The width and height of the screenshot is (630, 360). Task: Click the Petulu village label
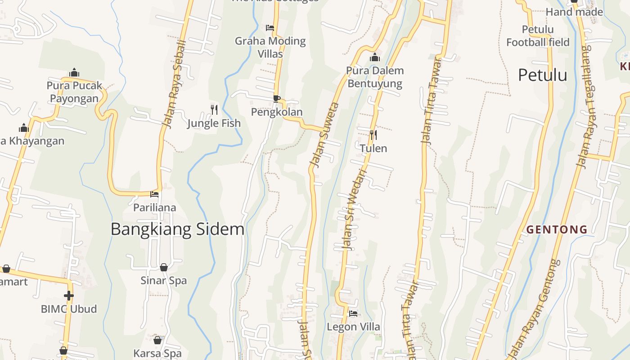[542, 75]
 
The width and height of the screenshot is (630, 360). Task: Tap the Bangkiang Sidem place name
[177, 229]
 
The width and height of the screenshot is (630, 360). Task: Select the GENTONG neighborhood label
[557, 229]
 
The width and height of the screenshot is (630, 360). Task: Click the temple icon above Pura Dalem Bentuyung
[375, 58]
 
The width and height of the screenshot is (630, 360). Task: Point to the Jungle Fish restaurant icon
[214, 109]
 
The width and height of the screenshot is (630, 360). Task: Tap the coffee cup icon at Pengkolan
[277, 99]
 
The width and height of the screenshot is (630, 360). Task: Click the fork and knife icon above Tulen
[373, 135]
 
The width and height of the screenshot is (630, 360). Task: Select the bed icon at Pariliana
[154, 194]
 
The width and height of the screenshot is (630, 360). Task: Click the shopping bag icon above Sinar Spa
[164, 267]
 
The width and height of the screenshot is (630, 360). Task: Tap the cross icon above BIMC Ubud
[68, 296]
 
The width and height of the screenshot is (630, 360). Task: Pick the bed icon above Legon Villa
[353, 313]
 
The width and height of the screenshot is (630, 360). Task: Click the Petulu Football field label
[538, 36]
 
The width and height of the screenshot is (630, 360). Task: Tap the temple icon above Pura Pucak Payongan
[74, 73]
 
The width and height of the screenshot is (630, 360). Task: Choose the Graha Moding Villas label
[270, 47]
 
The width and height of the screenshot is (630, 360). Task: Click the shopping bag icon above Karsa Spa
[157, 340]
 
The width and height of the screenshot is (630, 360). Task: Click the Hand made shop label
[574, 12]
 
